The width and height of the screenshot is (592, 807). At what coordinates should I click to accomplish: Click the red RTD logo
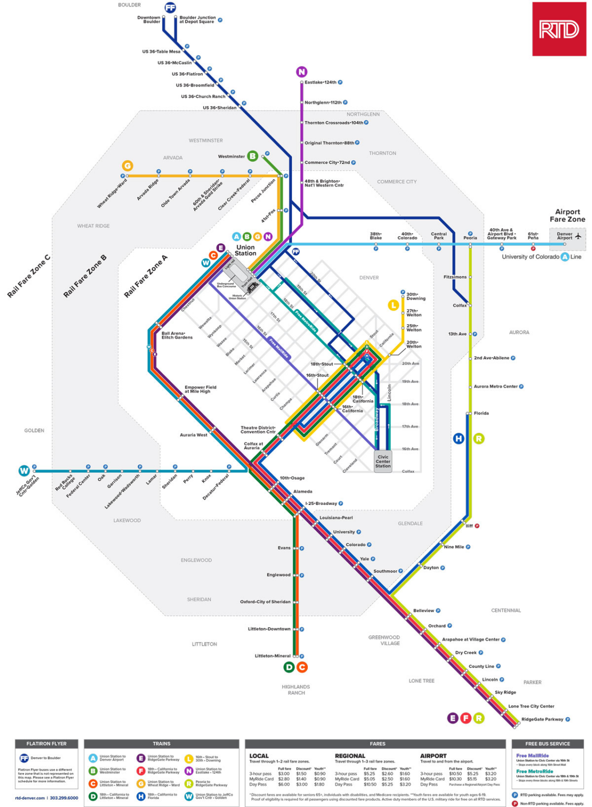(x=559, y=29)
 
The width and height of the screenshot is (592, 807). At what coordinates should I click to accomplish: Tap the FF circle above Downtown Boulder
(x=170, y=7)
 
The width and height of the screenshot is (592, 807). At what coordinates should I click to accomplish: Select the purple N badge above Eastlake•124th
(x=302, y=71)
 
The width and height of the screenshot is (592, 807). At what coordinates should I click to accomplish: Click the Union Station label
(x=245, y=250)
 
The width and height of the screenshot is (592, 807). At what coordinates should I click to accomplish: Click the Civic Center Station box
(x=383, y=461)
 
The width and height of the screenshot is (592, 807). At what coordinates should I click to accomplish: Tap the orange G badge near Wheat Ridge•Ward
(x=127, y=165)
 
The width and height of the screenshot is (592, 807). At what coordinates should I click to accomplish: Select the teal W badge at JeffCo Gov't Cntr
(x=24, y=471)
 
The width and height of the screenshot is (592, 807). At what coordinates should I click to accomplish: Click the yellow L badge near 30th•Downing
(x=393, y=305)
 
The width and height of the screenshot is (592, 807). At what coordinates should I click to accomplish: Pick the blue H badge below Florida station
(x=459, y=438)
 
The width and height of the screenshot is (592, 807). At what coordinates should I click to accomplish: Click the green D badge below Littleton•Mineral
(x=289, y=667)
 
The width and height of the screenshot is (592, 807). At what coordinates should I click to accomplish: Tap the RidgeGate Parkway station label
(x=542, y=719)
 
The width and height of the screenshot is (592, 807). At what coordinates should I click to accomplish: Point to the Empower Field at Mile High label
(x=200, y=389)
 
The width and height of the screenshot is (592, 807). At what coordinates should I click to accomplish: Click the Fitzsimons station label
(x=455, y=277)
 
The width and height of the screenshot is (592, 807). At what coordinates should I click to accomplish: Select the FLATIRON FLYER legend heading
(x=47, y=743)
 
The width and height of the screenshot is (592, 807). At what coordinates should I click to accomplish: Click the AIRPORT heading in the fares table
(x=433, y=756)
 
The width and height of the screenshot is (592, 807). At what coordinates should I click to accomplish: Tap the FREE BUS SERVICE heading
(x=547, y=743)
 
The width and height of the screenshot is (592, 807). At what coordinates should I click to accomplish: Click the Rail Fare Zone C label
(x=28, y=276)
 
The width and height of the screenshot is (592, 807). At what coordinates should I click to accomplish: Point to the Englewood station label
(x=278, y=575)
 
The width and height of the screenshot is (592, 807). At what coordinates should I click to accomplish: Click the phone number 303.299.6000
(x=64, y=798)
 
